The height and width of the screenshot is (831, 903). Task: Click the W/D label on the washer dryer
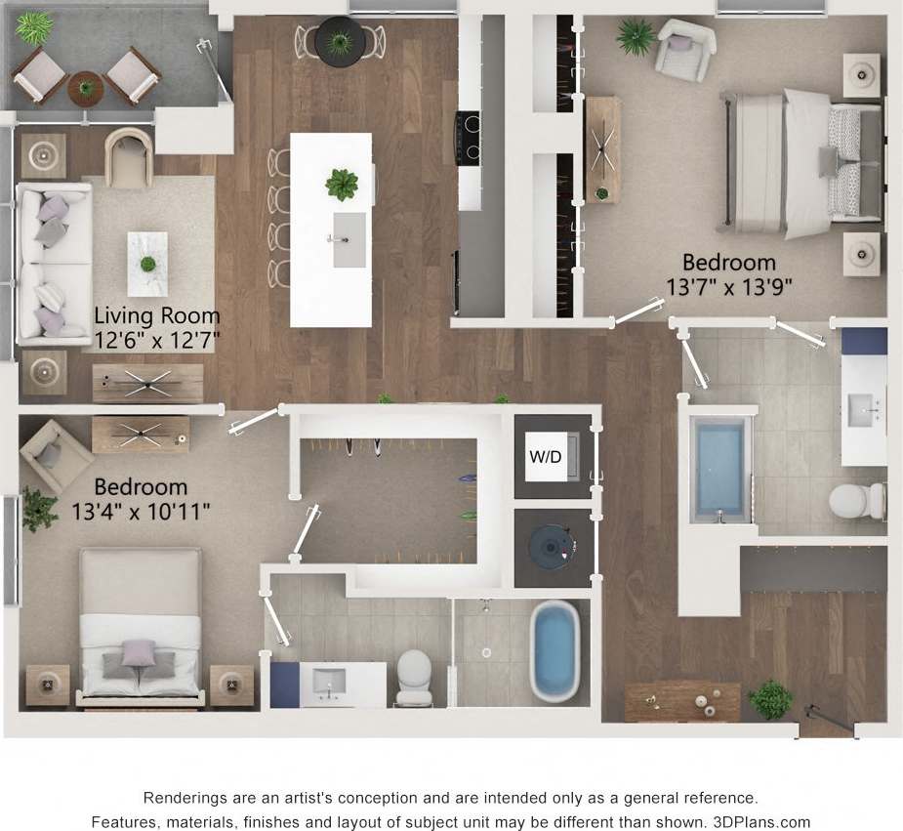pyautogui.click(x=546, y=458)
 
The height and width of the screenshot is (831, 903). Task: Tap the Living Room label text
pyautogui.click(x=157, y=316)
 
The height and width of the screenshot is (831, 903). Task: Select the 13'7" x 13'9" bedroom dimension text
pyautogui.click(x=729, y=285)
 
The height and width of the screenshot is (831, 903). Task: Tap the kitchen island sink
pyautogui.click(x=349, y=240)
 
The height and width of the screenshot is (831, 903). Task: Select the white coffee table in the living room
pyautogui.click(x=147, y=263)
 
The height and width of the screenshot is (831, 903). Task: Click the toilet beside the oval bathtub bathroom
pyautogui.click(x=414, y=675)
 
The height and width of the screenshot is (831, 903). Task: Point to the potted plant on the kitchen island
pyautogui.click(x=342, y=183)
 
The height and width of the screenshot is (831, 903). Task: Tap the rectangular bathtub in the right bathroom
pyautogui.click(x=719, y=466)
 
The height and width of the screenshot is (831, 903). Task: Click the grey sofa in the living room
pyautogui.click(x=53, y=264)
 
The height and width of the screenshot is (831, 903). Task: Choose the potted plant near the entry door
pyautogui.click(x=771, y=698)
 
